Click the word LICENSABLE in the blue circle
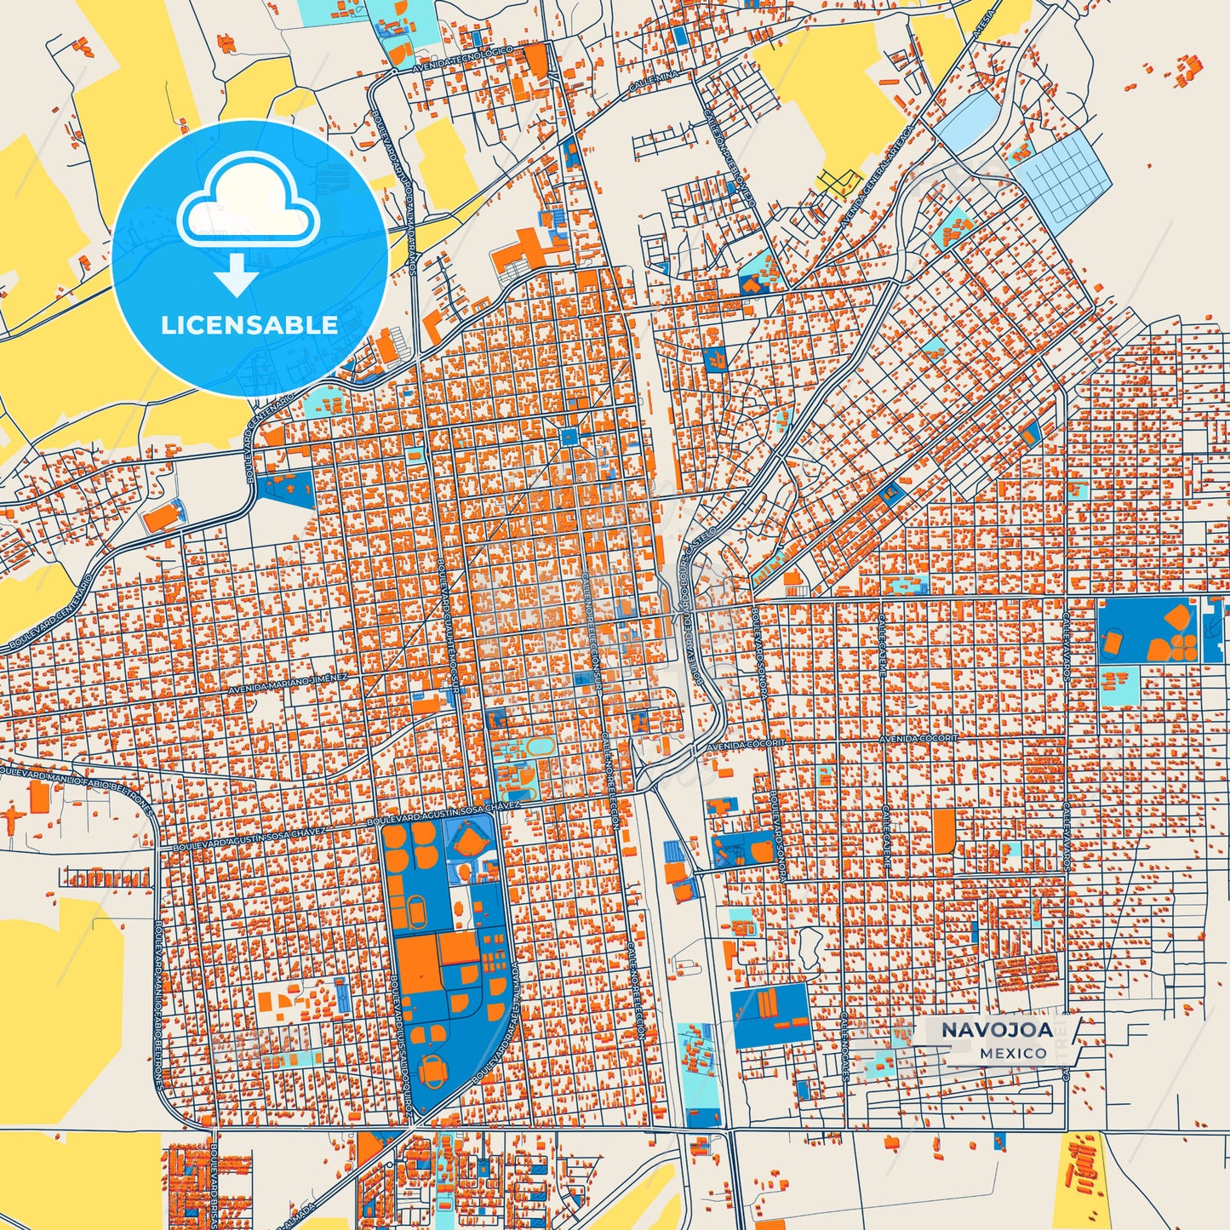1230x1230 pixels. (x=249, y=325)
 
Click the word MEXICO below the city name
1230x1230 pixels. (x=1013, y=1053)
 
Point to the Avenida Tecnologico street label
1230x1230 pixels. (x=463, y=60)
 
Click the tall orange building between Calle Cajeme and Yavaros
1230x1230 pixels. (x=943, y=831)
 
